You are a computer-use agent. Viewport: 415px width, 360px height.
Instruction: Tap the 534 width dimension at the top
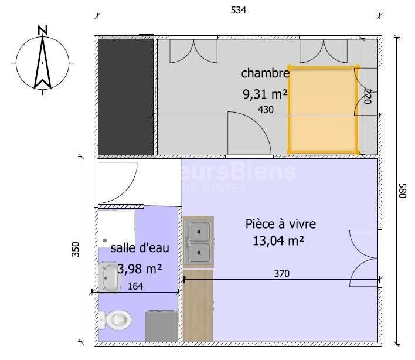pyautogui.click(x=238, y=10)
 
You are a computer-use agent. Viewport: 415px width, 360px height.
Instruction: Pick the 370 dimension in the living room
pyautogui.click(x=281, y=273)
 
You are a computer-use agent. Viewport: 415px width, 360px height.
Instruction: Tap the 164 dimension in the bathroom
pyautogui.click(x=135, y=287)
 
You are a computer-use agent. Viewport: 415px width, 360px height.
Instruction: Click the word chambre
pyautogui.click(x=265, y=73)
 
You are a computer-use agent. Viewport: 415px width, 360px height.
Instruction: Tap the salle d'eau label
pyautogui.click(x=140, y=248)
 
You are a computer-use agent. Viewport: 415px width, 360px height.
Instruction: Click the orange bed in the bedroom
pyautogui.click(x=322, y=110)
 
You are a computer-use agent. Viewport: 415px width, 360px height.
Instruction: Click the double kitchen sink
pyautogui.click(x=198, y=242)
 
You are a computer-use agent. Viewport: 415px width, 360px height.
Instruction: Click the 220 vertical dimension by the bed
pyautogui.click(x=368, y=97)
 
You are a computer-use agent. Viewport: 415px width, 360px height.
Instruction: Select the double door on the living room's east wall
pyautogui.click(x=363, y=256)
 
